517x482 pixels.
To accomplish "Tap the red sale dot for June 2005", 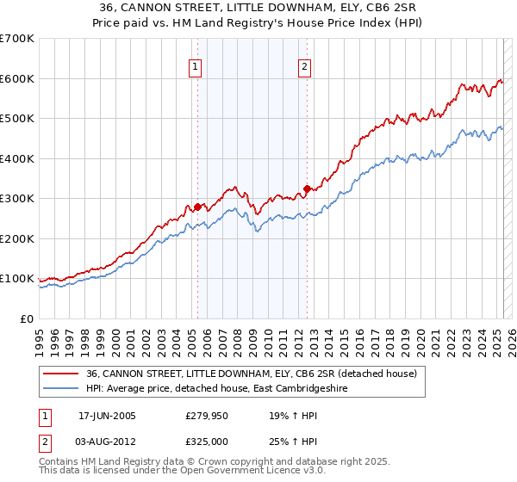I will click(197, 207).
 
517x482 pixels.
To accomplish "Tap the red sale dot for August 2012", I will click(307, 188).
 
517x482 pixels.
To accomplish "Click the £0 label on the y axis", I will click(28, 318).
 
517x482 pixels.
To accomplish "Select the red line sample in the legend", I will click(61, 374).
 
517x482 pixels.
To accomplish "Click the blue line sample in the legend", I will click(61, 388).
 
